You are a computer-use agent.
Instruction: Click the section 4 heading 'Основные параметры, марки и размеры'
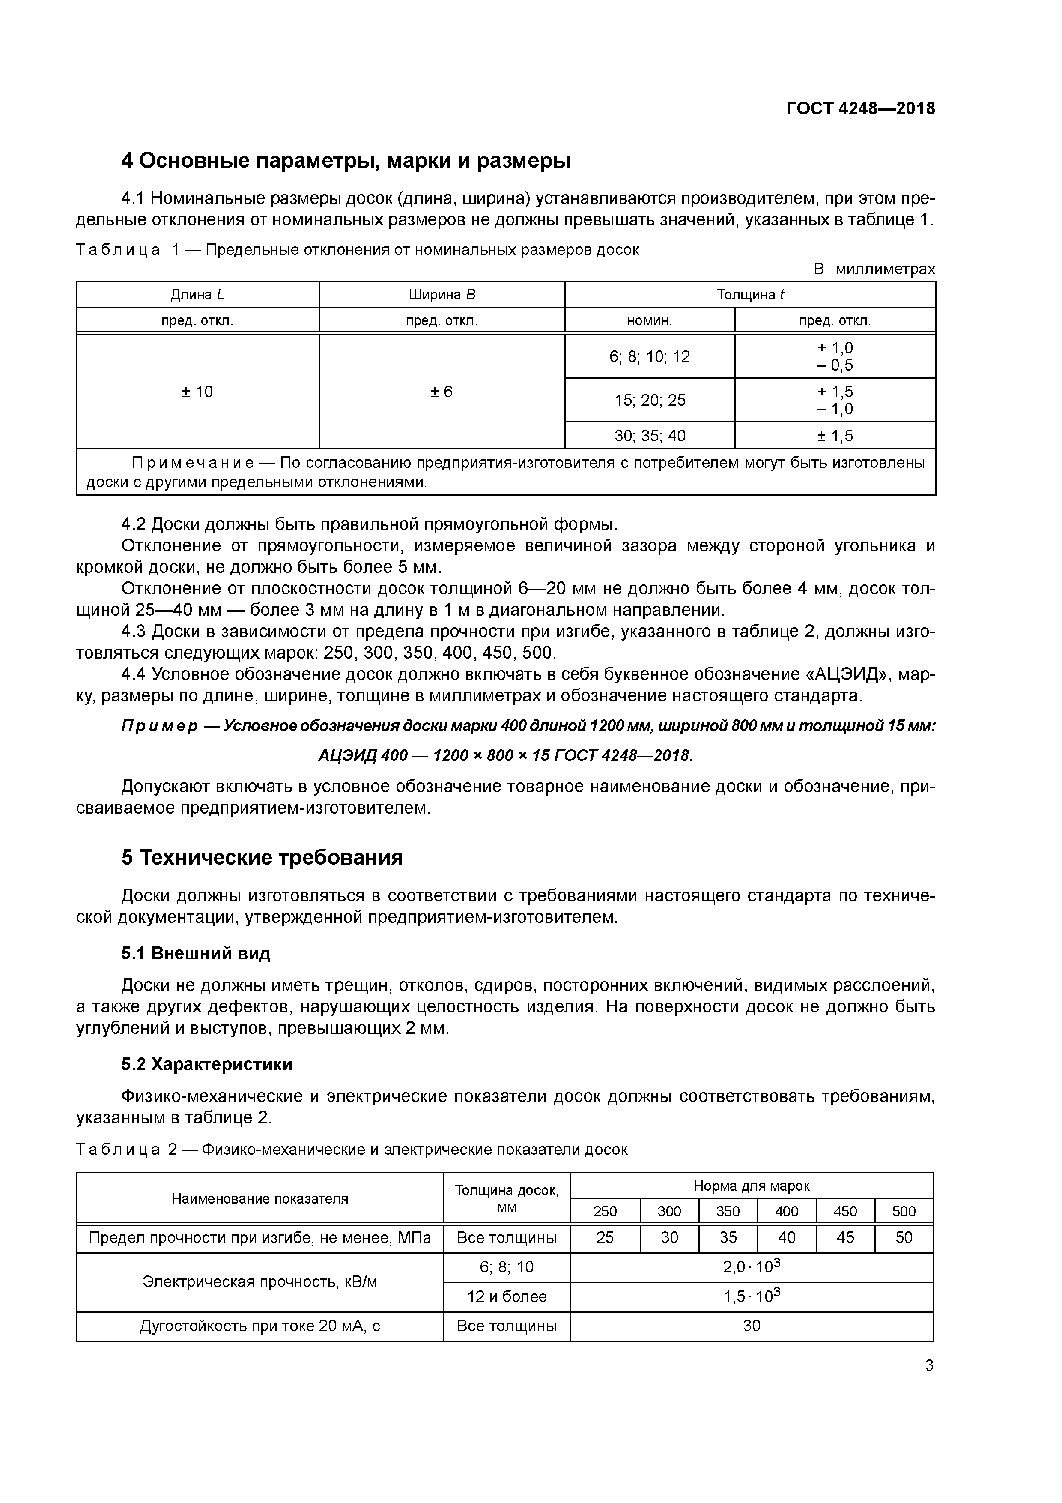tap(346, 160)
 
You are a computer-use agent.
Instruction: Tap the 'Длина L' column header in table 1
tap(197, 295)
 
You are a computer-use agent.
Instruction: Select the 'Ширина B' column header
tap(442, 295)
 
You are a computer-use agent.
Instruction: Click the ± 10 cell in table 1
tap(197, 392)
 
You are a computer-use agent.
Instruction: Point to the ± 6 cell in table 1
tap(442, 392)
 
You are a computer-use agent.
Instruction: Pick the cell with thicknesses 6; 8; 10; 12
tap(649, 357)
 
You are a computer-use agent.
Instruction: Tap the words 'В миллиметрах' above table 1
tap(874, 269)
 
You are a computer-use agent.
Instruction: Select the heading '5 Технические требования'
tap(262, 858)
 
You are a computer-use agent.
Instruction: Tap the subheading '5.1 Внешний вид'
tap(196, 954)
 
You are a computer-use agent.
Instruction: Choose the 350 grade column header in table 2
tap(728, 1212)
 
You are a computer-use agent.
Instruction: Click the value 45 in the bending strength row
tap(845, 1238)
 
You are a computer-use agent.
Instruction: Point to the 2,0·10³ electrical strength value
tap(751, 1267)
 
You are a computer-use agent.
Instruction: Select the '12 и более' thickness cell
tap(507, 1297)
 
